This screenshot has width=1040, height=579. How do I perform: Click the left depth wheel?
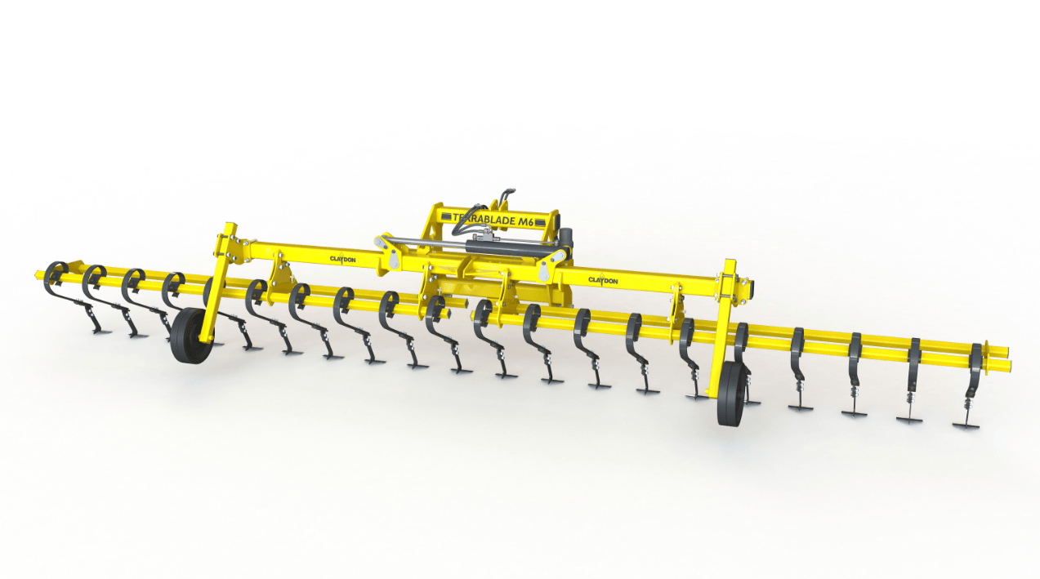[189, 335]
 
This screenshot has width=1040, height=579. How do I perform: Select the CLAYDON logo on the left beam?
[342, 259]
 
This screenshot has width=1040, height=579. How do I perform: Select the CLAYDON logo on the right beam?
[603, 280]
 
